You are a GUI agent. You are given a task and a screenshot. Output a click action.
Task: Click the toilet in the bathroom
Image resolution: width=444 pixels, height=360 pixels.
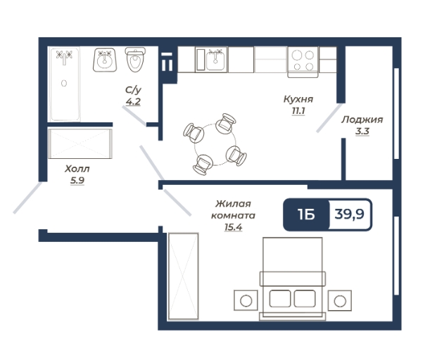(x=135, y=60)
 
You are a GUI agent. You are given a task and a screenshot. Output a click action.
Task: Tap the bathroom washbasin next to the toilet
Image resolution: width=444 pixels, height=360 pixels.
(x=105, y=60)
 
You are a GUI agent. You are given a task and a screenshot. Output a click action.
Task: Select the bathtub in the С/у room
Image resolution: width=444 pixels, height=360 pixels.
(x=65, y=84)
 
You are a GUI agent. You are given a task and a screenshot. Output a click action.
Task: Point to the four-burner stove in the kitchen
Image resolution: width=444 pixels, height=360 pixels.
(x=303, y=61)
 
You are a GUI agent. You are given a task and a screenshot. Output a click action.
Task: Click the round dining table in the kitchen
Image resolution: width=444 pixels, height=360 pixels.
(x=215, y=144)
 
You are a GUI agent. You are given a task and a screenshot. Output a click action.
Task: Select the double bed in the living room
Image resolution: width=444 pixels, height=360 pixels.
(x=293, y=278)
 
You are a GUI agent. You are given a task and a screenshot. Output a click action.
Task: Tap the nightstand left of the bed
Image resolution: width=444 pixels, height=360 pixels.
(x=246, y=300)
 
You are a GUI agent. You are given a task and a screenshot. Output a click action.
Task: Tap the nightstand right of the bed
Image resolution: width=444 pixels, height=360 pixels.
(x=340, y=300)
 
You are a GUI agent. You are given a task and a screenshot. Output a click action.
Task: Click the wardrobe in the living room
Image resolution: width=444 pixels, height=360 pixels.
(x=184, y=276)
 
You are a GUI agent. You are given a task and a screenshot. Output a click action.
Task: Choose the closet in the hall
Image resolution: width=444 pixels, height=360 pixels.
(x=80, y=143)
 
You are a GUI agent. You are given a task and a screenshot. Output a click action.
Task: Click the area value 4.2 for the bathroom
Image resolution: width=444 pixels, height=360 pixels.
(x=133, y=101)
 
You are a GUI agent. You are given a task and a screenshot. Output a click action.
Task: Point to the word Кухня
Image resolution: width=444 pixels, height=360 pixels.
(x=298, y=99)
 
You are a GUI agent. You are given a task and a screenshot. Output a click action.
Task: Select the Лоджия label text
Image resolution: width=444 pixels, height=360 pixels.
(x=362, y=120)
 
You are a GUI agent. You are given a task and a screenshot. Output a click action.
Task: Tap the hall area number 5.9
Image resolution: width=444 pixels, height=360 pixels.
(x=77, y=181)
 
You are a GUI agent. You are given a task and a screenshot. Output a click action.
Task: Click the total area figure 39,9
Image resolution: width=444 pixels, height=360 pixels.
(x=350, y=214)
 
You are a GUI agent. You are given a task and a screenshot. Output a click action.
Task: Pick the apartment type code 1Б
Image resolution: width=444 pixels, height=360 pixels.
(x=306, y=214)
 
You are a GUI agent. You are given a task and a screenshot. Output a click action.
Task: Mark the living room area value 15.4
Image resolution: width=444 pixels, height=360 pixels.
(x=234, y=227)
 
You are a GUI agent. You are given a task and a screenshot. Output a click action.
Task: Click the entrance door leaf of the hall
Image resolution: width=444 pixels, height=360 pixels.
(x=27, y=198)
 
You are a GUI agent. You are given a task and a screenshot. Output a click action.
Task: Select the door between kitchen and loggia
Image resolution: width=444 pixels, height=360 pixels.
(x=329, y=117)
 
